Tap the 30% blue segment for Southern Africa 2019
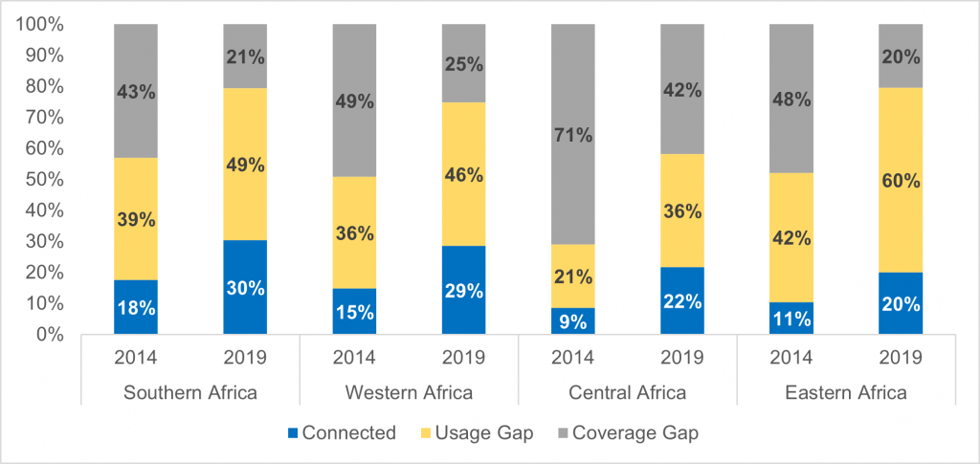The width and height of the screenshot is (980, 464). pyautogui.click(x=245, y=287)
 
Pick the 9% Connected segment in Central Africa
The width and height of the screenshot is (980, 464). pyautogui.click(x=573, y=320)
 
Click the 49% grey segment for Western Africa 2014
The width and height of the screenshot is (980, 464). pyautogui.click(x=354, y=100)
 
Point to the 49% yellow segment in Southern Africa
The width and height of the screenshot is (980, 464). pyautogui.click(x=245, y=164)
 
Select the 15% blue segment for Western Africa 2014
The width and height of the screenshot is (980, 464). pyautogui.click(x=354, y=311)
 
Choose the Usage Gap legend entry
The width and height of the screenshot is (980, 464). pyautogui.click(x=478, y=432)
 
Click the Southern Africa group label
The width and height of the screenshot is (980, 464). pyautogui.click(x=190, y=392)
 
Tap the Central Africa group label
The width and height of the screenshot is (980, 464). pyautogui.click(x=628, y=392)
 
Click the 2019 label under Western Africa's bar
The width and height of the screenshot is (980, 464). pyautogui.click(x=463, y=359)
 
